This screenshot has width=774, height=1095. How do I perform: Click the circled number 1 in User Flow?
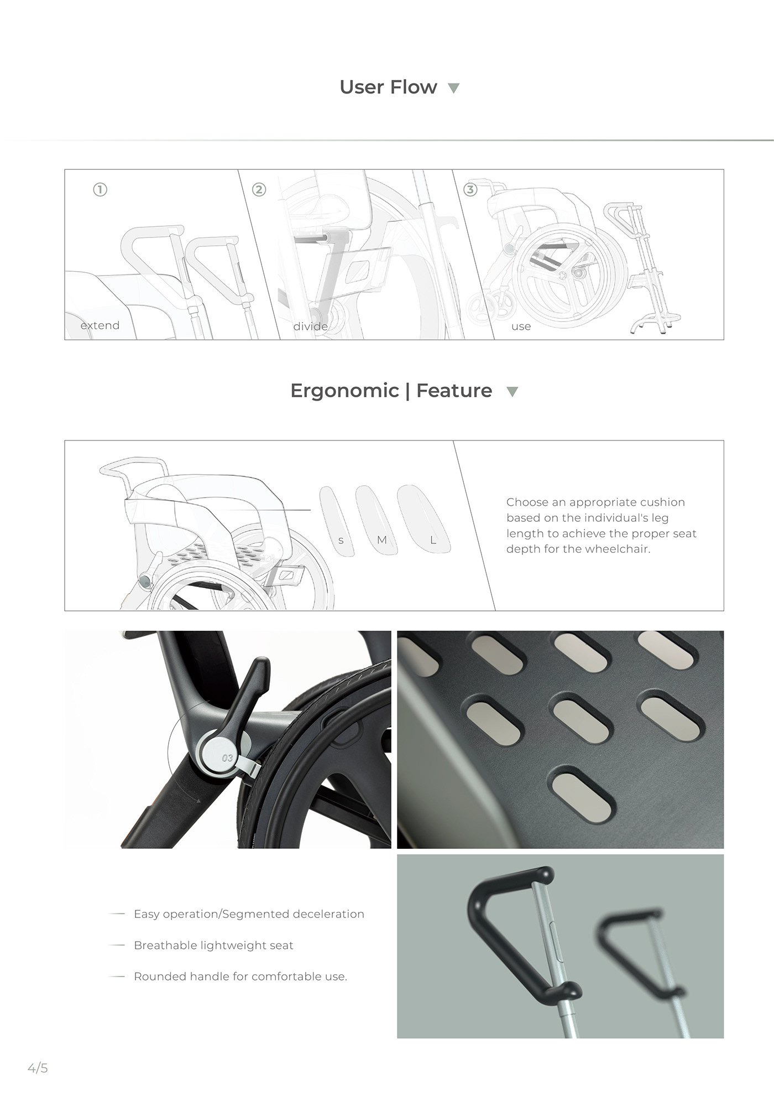(100, 190)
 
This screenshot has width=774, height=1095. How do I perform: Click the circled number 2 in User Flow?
(259, 190)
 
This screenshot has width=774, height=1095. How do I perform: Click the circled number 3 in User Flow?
(470, 190)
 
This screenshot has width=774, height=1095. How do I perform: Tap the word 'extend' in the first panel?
(100, 325)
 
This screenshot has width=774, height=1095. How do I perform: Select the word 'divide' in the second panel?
(310, 326)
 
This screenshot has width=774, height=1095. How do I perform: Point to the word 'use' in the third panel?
(521, 326)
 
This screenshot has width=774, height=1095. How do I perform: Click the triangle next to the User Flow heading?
(453, 88)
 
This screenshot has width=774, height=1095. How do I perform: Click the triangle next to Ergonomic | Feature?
(512, 392)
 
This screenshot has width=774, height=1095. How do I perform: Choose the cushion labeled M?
(377, 520)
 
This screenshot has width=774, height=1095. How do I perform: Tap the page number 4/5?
(38, 1068)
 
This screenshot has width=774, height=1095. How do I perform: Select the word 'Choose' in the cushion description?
(526, 502)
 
